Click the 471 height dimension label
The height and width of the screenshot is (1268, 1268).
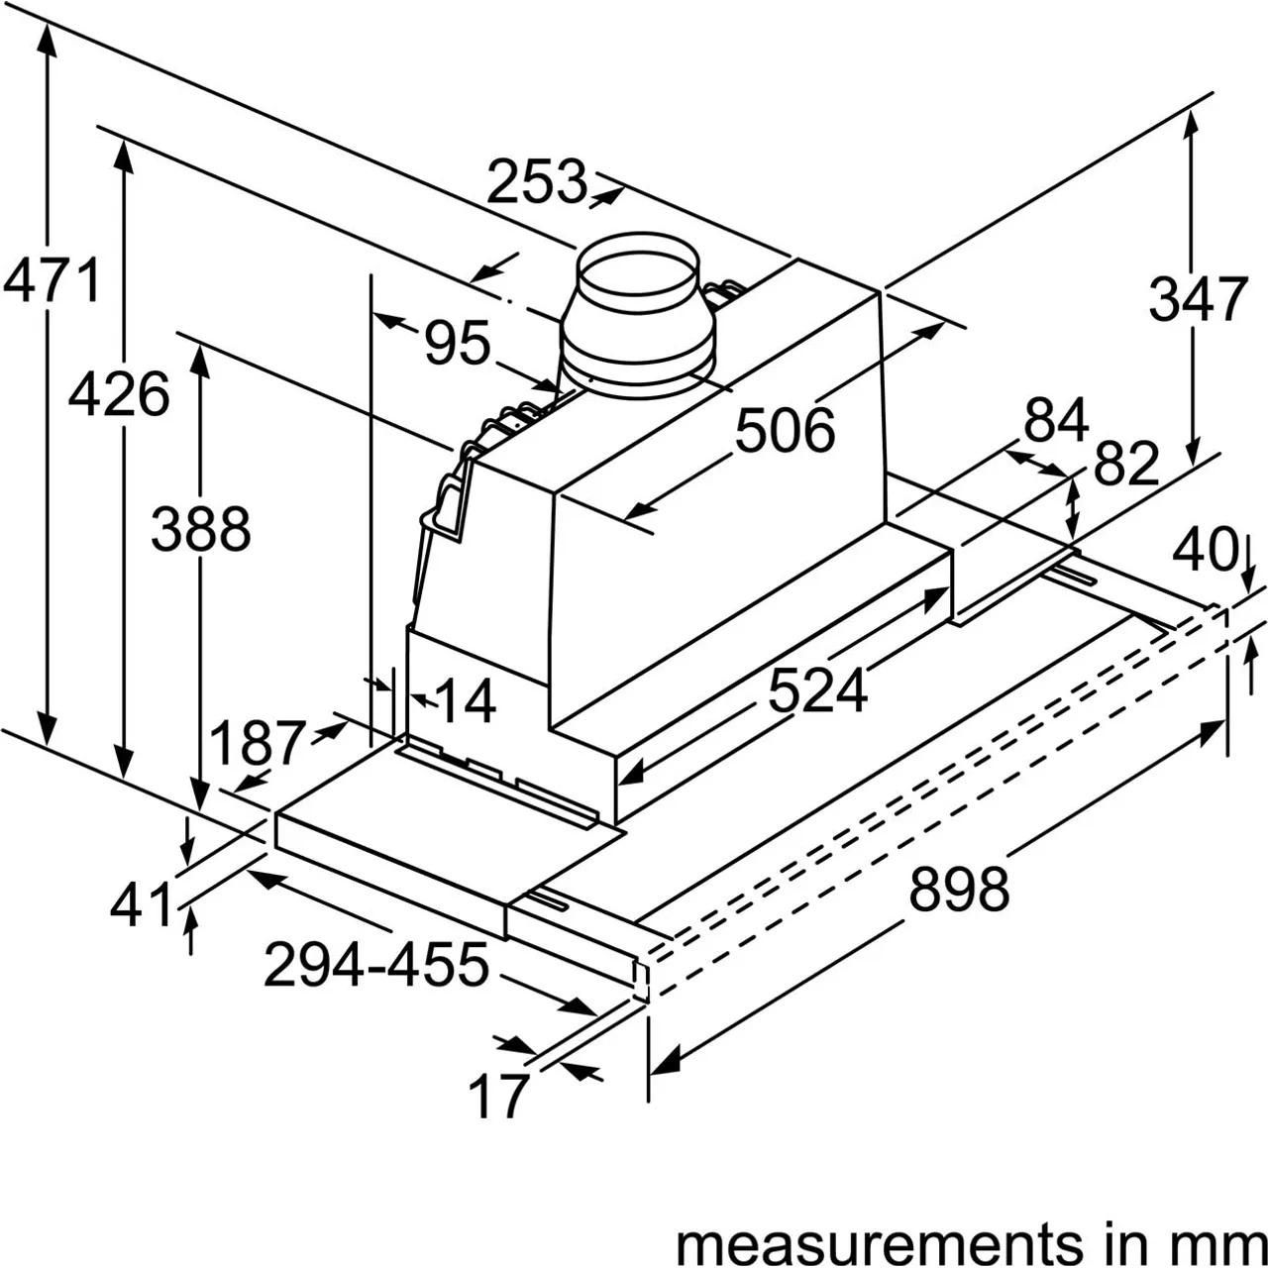click(52, 281)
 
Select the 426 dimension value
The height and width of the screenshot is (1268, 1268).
click(119, 394)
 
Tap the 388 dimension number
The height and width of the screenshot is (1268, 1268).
click(201, 529)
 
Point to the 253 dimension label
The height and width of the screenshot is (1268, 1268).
click(536, 181)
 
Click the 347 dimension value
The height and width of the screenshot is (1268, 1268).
click(1199, 299)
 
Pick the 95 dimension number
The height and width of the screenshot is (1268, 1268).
click(458, 342)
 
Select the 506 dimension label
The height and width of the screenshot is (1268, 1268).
click(785, 430)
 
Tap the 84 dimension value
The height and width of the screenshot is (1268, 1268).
click(1056, 420)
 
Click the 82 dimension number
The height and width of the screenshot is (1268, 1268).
click(1126, 463)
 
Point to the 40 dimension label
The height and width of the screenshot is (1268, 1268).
click(1205, 550)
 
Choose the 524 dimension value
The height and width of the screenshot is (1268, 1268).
click(818, 690)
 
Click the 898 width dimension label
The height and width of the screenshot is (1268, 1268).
click(959, 889)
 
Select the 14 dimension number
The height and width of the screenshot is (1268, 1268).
click(466, 701)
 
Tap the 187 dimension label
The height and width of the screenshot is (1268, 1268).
click(259, 743)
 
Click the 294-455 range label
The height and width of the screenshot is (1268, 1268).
click(376, 965)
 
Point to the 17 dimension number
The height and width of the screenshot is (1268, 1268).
click(498, 1097)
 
